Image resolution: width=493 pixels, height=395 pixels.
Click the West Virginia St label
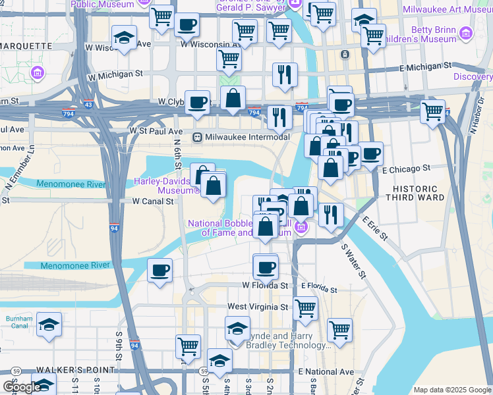[258, 307]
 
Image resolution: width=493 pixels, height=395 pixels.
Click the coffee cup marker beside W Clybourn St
[197, 103]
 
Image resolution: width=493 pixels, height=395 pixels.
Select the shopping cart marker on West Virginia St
[305, 307]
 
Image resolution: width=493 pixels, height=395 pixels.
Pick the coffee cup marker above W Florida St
[266, 267]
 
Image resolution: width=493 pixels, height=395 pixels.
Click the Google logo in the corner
[21, 387]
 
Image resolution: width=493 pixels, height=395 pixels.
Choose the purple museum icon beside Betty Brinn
[467, 33]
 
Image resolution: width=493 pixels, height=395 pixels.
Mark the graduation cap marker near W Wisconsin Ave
[124, 38]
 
